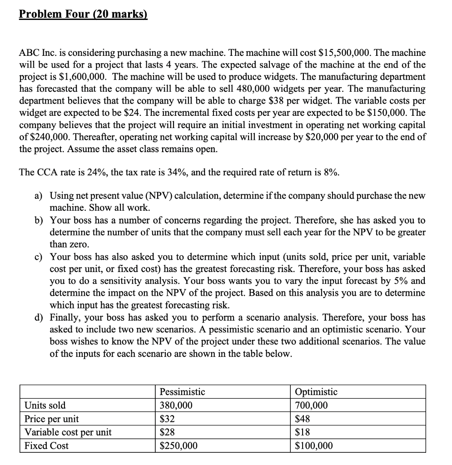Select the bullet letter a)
click(39, 196)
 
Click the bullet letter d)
click(39, 317)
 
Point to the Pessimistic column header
click(183, 391)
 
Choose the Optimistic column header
click(316, 391)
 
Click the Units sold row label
click(45, 405)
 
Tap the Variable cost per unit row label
click(68, 432)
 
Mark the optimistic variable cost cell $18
click(303, 432)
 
